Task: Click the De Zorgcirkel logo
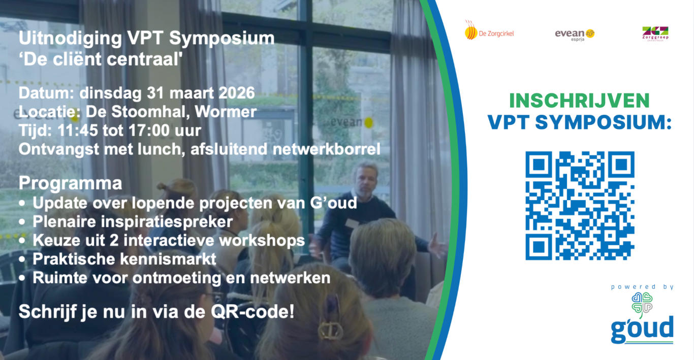pos(489,30)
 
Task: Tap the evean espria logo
pos(575,35)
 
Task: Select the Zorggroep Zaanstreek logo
pos(655,34)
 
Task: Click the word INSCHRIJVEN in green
pos(579,101)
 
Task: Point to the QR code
pos(580,206)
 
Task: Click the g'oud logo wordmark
pos(642,330)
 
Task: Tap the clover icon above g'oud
pos(642,305)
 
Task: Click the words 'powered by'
pos(642,287)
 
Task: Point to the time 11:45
pos(77,130)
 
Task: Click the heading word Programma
pos(70,184)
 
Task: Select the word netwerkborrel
pos(326,149)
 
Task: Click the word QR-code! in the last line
pos(253,311)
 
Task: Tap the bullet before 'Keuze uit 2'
pos(22,241)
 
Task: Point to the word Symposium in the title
pos(222,39)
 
